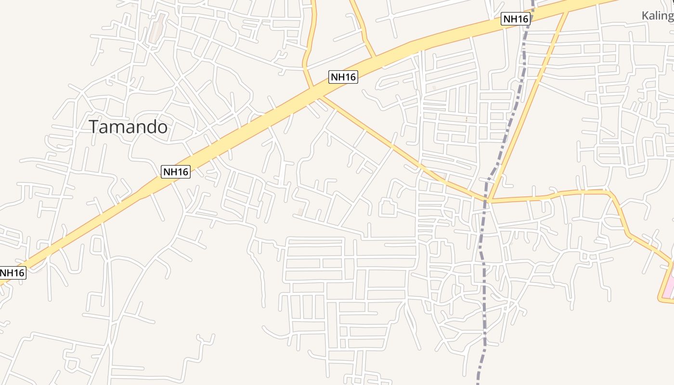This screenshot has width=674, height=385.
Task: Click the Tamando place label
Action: click(x=129, y=127)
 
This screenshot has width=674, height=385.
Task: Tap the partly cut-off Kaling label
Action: click(x=658, y=16)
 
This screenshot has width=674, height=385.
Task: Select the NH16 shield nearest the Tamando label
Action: click(x=176, y=171)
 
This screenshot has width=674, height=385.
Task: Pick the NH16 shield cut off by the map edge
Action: click(x=12, y=273)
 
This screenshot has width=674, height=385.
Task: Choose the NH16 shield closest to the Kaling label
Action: click(x=515, y=19)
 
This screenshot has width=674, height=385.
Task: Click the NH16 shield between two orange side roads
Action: click(x=343, y=77)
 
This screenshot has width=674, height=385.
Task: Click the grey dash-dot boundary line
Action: click(x=483, y=289)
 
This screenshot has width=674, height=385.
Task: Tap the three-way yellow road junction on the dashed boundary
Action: click(x=488, y=198)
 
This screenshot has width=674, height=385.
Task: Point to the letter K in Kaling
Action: click(x=646, y=16)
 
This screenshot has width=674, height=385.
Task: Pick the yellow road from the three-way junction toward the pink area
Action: click(x=578, y=192)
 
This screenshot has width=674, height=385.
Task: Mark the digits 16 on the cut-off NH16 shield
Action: click(x=18, y=273)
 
